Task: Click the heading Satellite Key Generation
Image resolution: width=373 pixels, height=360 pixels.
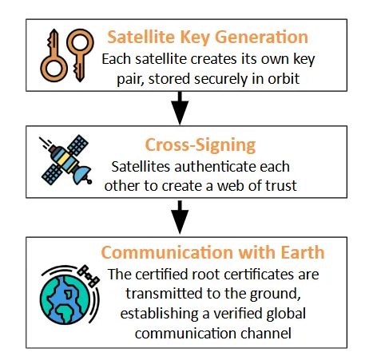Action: (x=208, y=37)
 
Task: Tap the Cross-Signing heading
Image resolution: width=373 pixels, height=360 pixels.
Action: (x=200, y=145)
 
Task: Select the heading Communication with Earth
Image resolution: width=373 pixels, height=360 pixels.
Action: (x=212, y=252)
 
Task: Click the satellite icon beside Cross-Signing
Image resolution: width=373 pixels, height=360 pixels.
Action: (x=66, y=160)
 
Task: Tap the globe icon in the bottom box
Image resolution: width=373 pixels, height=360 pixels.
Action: (x=65, y=299)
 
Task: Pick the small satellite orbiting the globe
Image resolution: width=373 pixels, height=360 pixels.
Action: (x=89, y=275)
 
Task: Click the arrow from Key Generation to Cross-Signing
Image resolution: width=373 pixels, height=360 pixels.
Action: (x=180, y=108)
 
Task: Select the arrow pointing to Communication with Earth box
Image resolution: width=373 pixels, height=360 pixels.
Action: (x=180, y=217)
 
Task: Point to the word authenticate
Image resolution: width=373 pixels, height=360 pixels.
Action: (x=212, y=167)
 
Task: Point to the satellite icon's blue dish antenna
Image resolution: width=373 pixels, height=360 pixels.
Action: (x=82, y=174)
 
